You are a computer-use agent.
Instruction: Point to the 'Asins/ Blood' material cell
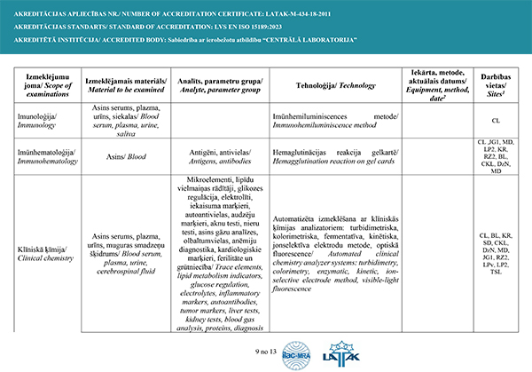coord(125,153)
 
